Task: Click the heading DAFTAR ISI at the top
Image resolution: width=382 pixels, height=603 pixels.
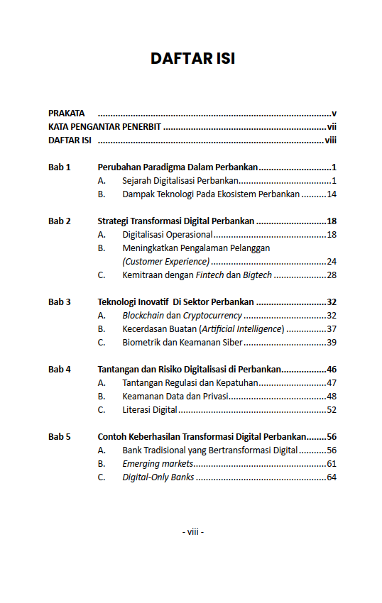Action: (192, 58)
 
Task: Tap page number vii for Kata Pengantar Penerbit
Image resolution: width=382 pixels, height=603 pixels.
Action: (331, 127)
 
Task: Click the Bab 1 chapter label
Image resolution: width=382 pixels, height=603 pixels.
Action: (60, 167)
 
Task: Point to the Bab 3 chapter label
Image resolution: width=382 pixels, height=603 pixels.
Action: (60, 302)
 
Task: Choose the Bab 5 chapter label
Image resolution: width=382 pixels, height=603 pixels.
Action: (60, 437)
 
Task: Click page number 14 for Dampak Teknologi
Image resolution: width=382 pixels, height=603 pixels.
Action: (331, 194)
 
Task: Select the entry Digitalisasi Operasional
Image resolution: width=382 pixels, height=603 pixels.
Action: (167, 235)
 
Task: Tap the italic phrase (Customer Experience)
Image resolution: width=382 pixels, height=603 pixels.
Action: (165, 262)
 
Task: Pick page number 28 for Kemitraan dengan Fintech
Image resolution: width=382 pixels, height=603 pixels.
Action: (331, 275)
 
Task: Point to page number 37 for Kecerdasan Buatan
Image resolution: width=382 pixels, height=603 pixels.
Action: (331, 329)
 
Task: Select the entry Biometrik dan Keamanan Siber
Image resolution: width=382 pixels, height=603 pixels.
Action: (182, 343)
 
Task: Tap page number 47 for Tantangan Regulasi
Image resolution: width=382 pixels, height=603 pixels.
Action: (331, 383)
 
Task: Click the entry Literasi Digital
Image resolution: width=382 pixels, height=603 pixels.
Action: (149, 410)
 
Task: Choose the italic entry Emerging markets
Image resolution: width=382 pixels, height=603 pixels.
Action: (158, 464)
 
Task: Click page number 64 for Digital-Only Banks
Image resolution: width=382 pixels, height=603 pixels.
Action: (331, 477)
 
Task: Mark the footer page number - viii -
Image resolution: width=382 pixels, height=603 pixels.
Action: (192, 531)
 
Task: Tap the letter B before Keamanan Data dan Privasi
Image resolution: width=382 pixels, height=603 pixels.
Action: (102, 397)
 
